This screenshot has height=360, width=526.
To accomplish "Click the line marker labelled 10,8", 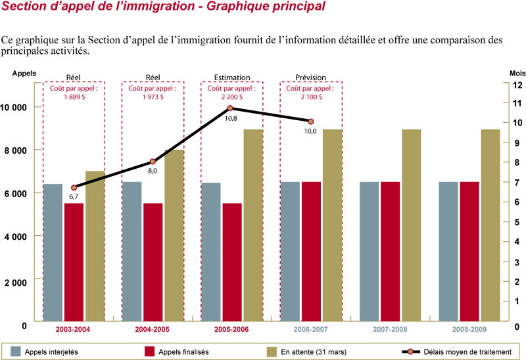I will [230, 108].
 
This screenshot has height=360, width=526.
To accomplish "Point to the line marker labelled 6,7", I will [74, 188].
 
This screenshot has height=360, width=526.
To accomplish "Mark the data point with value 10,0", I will [310, 122].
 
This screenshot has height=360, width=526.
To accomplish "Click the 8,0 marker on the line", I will [153, 162].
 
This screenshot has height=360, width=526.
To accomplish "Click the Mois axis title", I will [517, 74].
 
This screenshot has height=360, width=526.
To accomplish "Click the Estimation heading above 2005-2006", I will [232, 77].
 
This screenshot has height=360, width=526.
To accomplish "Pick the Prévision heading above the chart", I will [310, 77].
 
